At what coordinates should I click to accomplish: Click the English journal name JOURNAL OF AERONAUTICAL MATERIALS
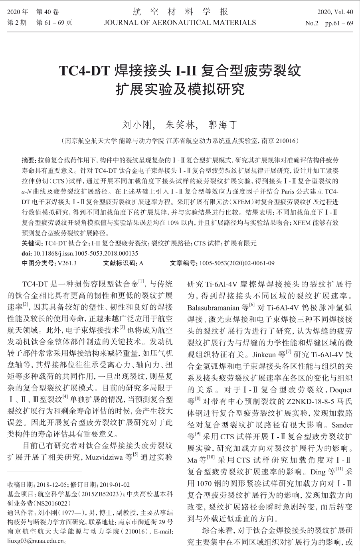[180, 22]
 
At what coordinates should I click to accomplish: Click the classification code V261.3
[67, 263]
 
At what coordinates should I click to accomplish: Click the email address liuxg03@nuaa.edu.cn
[36, 541]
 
